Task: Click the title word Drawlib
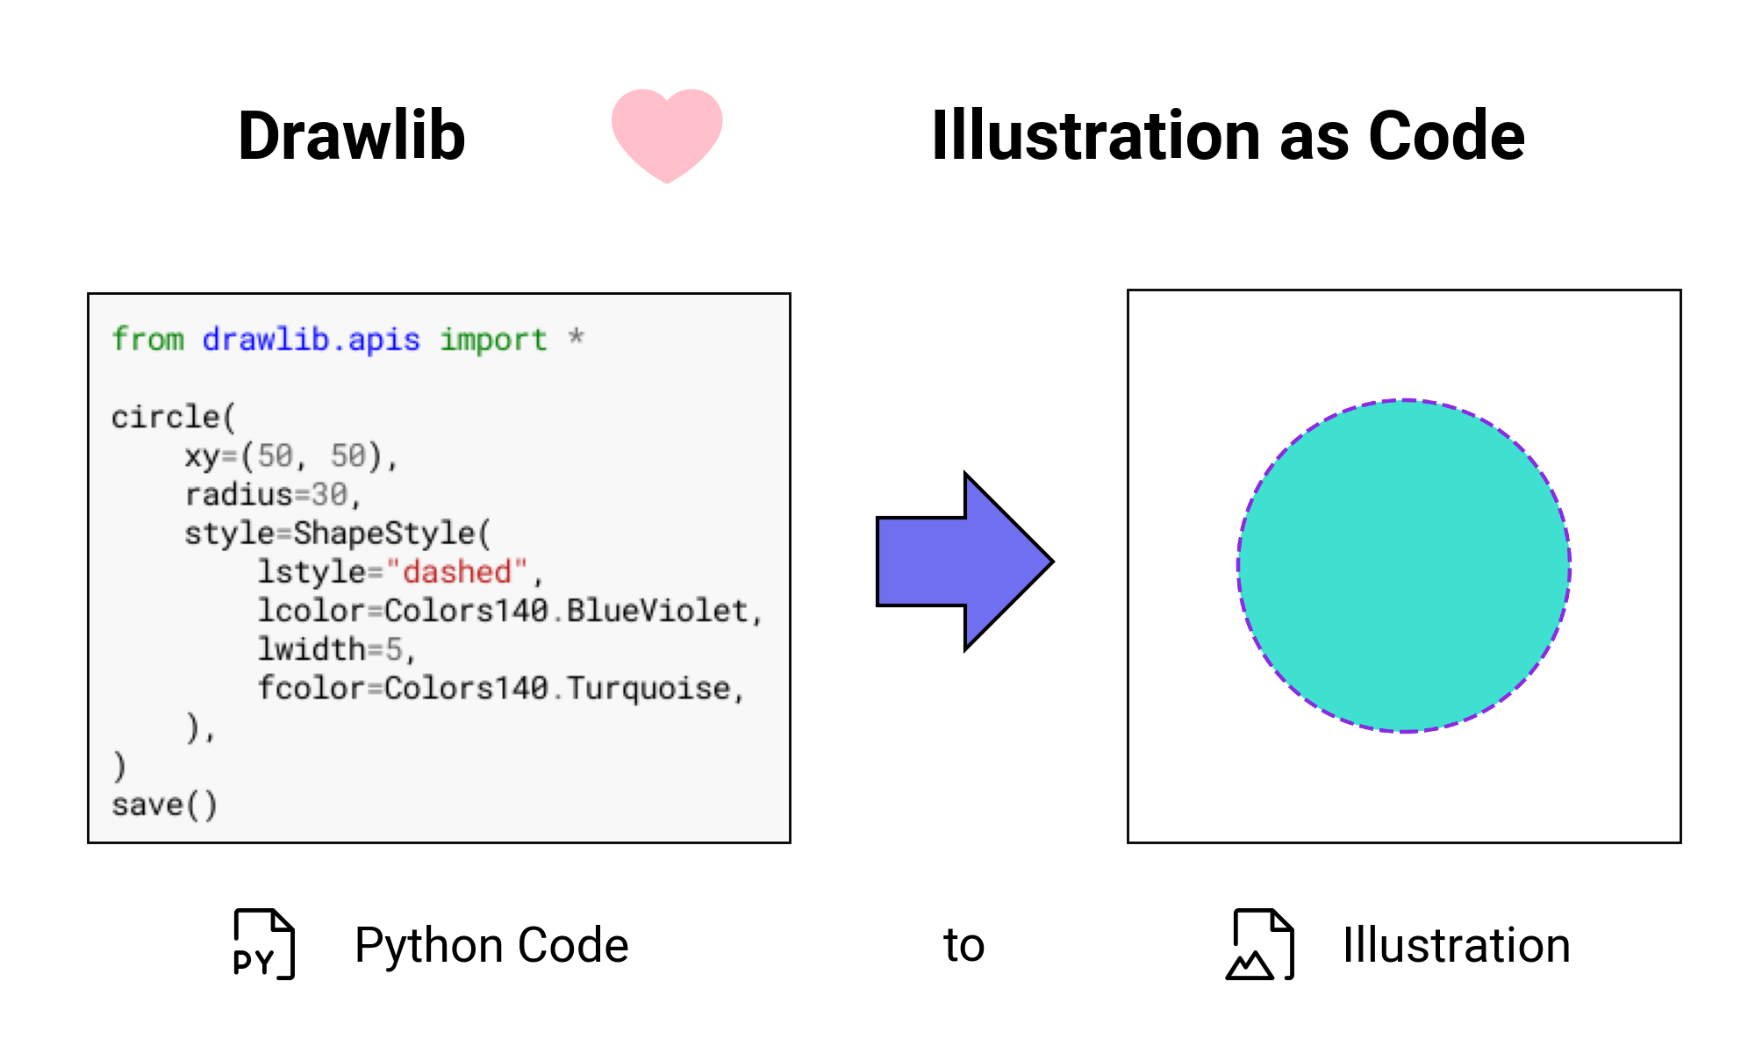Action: tap(352, 136)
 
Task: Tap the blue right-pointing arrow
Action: tap(965, 562)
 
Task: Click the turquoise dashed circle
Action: tap(1404, 566)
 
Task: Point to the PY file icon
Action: tap(264, 944)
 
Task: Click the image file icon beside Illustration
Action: tap(1260, 944)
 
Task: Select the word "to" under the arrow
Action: tap(963, 945)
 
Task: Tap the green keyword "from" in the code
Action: tap(147, 340)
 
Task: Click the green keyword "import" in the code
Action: tap(493, 340)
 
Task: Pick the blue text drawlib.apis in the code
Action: tap(311, 340)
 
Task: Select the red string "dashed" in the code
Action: tap(456, 572)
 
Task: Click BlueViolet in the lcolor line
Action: tap(657, 611)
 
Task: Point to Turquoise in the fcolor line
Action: tap(648, 688)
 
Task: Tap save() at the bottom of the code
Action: tap(164, 805)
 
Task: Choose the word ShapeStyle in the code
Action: tap(383, 534)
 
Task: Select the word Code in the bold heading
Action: tap(1447, 136)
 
